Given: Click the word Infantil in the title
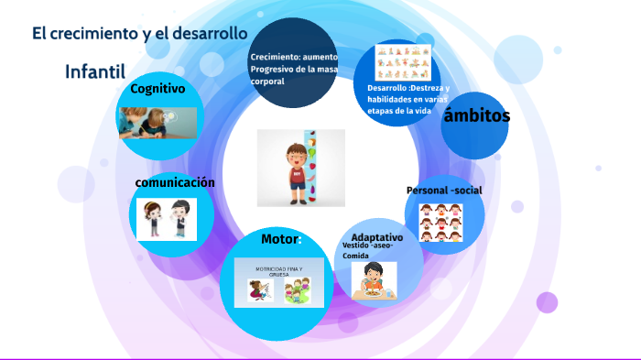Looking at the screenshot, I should pyautogui.click(x=95, y=72).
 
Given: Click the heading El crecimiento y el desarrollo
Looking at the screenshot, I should pyautogui.click(x=140, y=34).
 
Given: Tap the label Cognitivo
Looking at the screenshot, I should pyautogui.click(x=158, y=89).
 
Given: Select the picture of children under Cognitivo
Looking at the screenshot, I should pyautogui.click(x=157, y=122).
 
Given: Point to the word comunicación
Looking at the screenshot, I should pyautogui.click(x=175, y=182).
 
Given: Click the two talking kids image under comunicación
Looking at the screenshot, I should pyautogui.click(x=167, y=220).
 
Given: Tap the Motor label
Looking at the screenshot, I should pyautogui.click(x=280, y=239).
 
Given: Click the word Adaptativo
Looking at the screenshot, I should pyautogui.click(x=377, y=237).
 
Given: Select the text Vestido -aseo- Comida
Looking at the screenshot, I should pyautogui.click(x=369, y=251).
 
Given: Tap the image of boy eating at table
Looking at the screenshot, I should pyautogui.click(x=374, y=280).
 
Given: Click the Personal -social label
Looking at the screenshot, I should pyautogui.click(x=443, y=191).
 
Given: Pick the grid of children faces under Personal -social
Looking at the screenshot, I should pyautogui.click(x=440, y=223).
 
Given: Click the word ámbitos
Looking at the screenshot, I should pyautogui.click(x=476, y=116).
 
